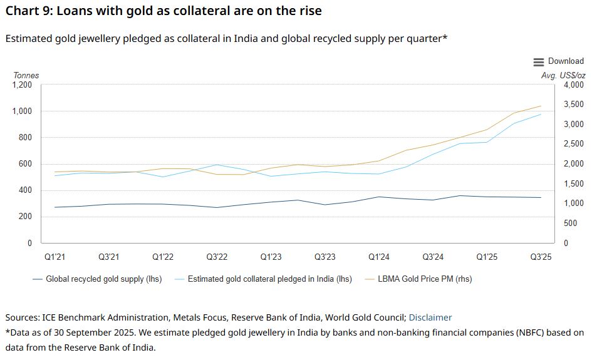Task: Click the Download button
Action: (x=565, y=61)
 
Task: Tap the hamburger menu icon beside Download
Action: (x=539, y=62)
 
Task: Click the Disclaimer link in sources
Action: (x=430, y=317)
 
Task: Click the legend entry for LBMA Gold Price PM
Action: (x=424, y=279)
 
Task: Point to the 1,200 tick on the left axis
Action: (x=22, y=85)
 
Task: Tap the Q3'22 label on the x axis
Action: (x=217, y=257)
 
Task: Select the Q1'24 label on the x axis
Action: (x=379, y=257)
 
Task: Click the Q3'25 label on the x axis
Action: (x=541, y=257)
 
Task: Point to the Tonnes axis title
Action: (x=26, y=75)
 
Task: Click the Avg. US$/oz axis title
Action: (x=563, y=75)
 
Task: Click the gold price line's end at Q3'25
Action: (x=541, y=106)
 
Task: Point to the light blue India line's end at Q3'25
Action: (x=541, y=115)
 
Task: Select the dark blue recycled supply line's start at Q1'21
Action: (x=55, y=207)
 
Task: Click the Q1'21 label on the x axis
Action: (x=55, y=257)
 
